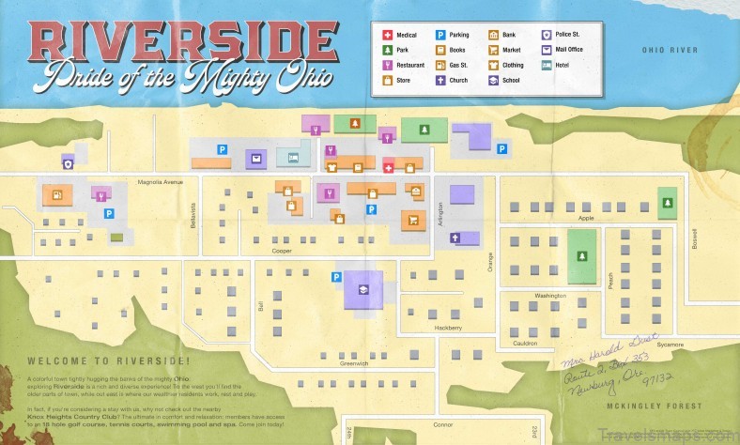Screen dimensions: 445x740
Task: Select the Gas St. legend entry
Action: (440, 66)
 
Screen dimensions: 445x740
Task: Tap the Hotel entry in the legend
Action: (547, 66)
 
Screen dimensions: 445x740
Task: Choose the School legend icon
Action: (493, 82)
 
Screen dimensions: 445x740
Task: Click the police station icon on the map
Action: (68, 163)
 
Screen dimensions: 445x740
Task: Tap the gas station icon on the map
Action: (57, 195)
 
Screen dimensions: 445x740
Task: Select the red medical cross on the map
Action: (389, 168)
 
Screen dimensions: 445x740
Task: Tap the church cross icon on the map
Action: (455, 238)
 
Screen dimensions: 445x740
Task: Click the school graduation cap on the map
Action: (361, 290)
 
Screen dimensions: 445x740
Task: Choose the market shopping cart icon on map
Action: (411, 221)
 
